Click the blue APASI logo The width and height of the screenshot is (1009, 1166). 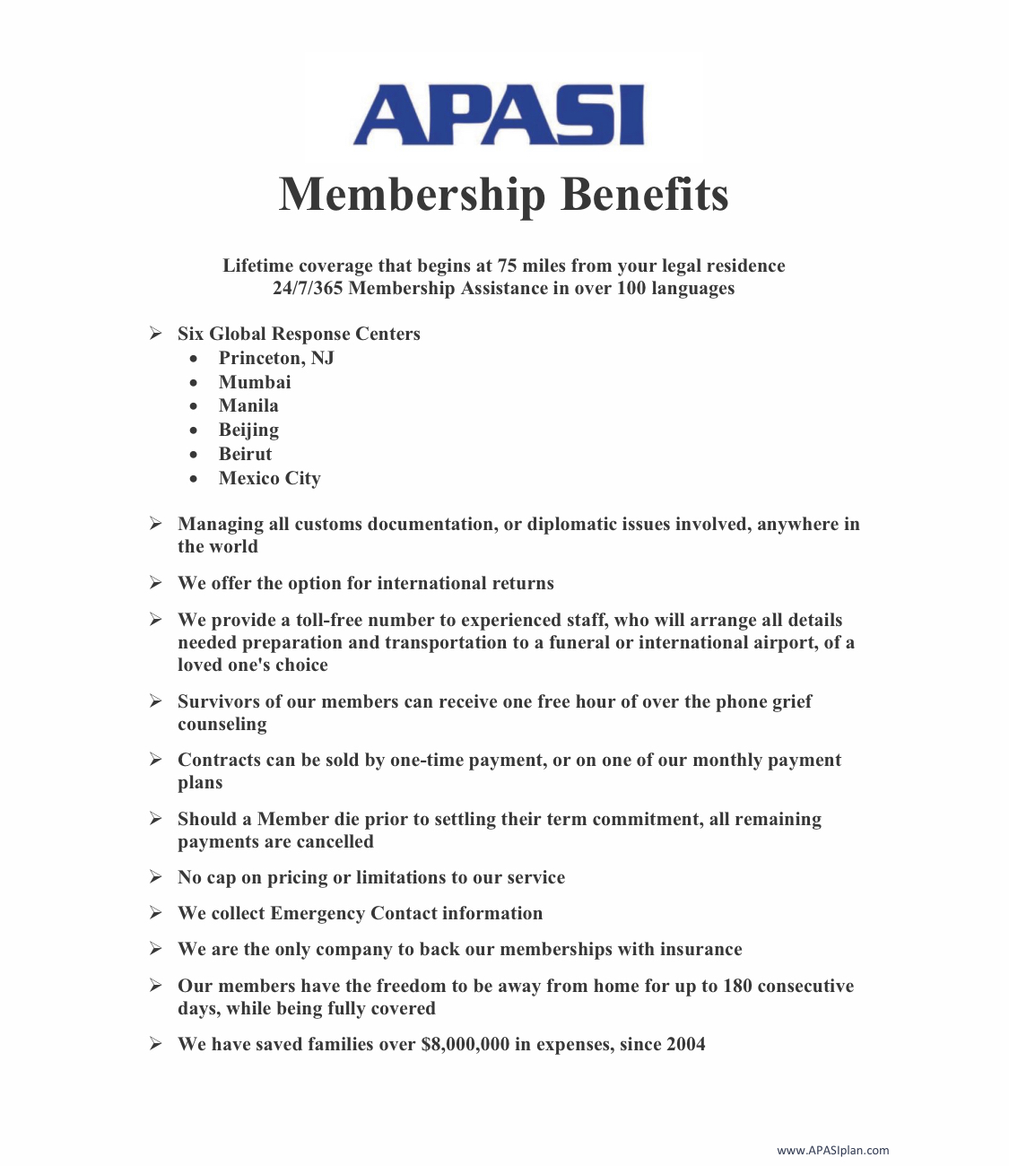point(499,115)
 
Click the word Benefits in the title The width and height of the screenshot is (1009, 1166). point(644,194)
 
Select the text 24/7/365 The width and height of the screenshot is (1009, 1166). point(308,288)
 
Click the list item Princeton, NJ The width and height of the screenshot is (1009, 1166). point(276,358)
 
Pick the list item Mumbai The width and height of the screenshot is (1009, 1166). point(255,382)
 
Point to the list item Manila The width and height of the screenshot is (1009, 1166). point(248,405)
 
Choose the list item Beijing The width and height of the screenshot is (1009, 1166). point(248,431)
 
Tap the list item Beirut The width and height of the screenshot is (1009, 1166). point(245,454)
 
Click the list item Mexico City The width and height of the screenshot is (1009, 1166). point(269,478)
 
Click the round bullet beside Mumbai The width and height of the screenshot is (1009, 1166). point(194,383)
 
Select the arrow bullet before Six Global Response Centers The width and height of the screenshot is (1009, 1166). point(156,334)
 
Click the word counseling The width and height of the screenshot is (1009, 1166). point(222,724)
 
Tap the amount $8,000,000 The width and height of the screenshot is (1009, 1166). point(465,1044)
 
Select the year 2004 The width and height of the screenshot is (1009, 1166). point(685,1044)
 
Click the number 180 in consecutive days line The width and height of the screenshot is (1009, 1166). point(737,986)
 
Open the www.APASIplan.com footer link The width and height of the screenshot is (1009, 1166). point(832,1150)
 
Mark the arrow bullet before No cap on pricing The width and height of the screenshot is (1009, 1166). point(156,877)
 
